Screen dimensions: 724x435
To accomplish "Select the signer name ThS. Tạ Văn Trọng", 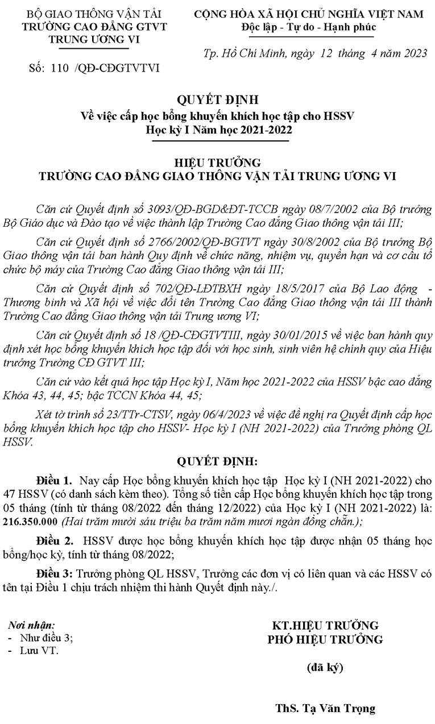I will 325,708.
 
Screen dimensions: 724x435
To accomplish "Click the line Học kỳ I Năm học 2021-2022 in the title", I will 218,129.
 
